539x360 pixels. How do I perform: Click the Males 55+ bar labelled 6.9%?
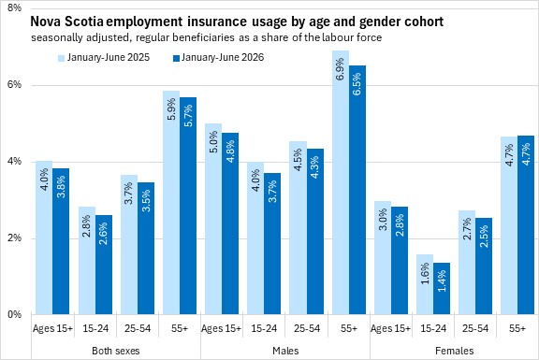pyautogui.click(x=341, y=182)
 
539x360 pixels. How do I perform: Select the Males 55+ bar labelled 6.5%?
pyautogui.click(x=357, y=190)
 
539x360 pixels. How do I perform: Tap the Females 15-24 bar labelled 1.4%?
pyautogui.click(x=442, y=289)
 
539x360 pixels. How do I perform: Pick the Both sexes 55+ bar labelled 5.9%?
pyautogui.click(x=171, y=203)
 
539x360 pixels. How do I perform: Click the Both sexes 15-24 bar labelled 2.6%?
pyautogui.click(x=104, y=265)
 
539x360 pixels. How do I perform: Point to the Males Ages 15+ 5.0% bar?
pyautogui.click(x=213, y=219)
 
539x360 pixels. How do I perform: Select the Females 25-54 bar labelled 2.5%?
pyautogui.click(x=484, y=266)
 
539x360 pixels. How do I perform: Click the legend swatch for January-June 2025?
pyautogui.click(x=61, y=58)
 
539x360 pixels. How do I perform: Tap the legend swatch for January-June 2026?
pyautogui.click(x=176, y=58)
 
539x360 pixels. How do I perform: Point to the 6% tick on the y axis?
pyautogui.click(x=14, y=84)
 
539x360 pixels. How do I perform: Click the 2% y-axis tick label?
pyautogui.click(x=14, y=238)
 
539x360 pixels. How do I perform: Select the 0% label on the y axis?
pyautogui.click(x=14, y=314)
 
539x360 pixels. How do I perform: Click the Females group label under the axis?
pyautogui.click(x=454, y=351)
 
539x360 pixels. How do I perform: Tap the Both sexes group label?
pyautogui.click(x=116, y=351)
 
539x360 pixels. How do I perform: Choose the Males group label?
pyautogui.click(x=285, y=351)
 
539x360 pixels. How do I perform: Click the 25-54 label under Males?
pyautogui.click(x=307, y=328)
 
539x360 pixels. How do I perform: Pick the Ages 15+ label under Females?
pyautogui.click(x=390, y=328)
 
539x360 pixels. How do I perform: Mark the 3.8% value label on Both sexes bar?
pyautogui.click(x=61, y=187)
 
